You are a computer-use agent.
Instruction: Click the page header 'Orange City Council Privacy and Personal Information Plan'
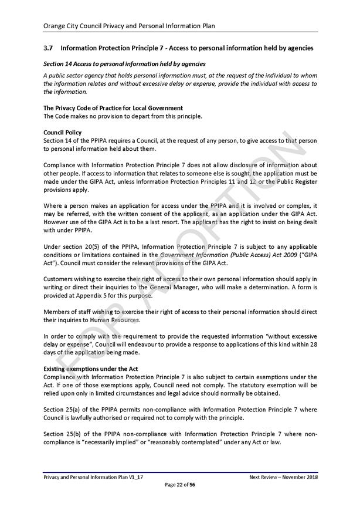129,26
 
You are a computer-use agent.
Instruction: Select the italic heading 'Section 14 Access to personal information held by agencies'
124,63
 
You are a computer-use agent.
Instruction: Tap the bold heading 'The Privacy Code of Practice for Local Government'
113,108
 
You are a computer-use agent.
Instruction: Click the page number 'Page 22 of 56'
180,485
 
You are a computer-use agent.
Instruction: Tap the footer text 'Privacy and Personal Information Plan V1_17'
93,477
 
